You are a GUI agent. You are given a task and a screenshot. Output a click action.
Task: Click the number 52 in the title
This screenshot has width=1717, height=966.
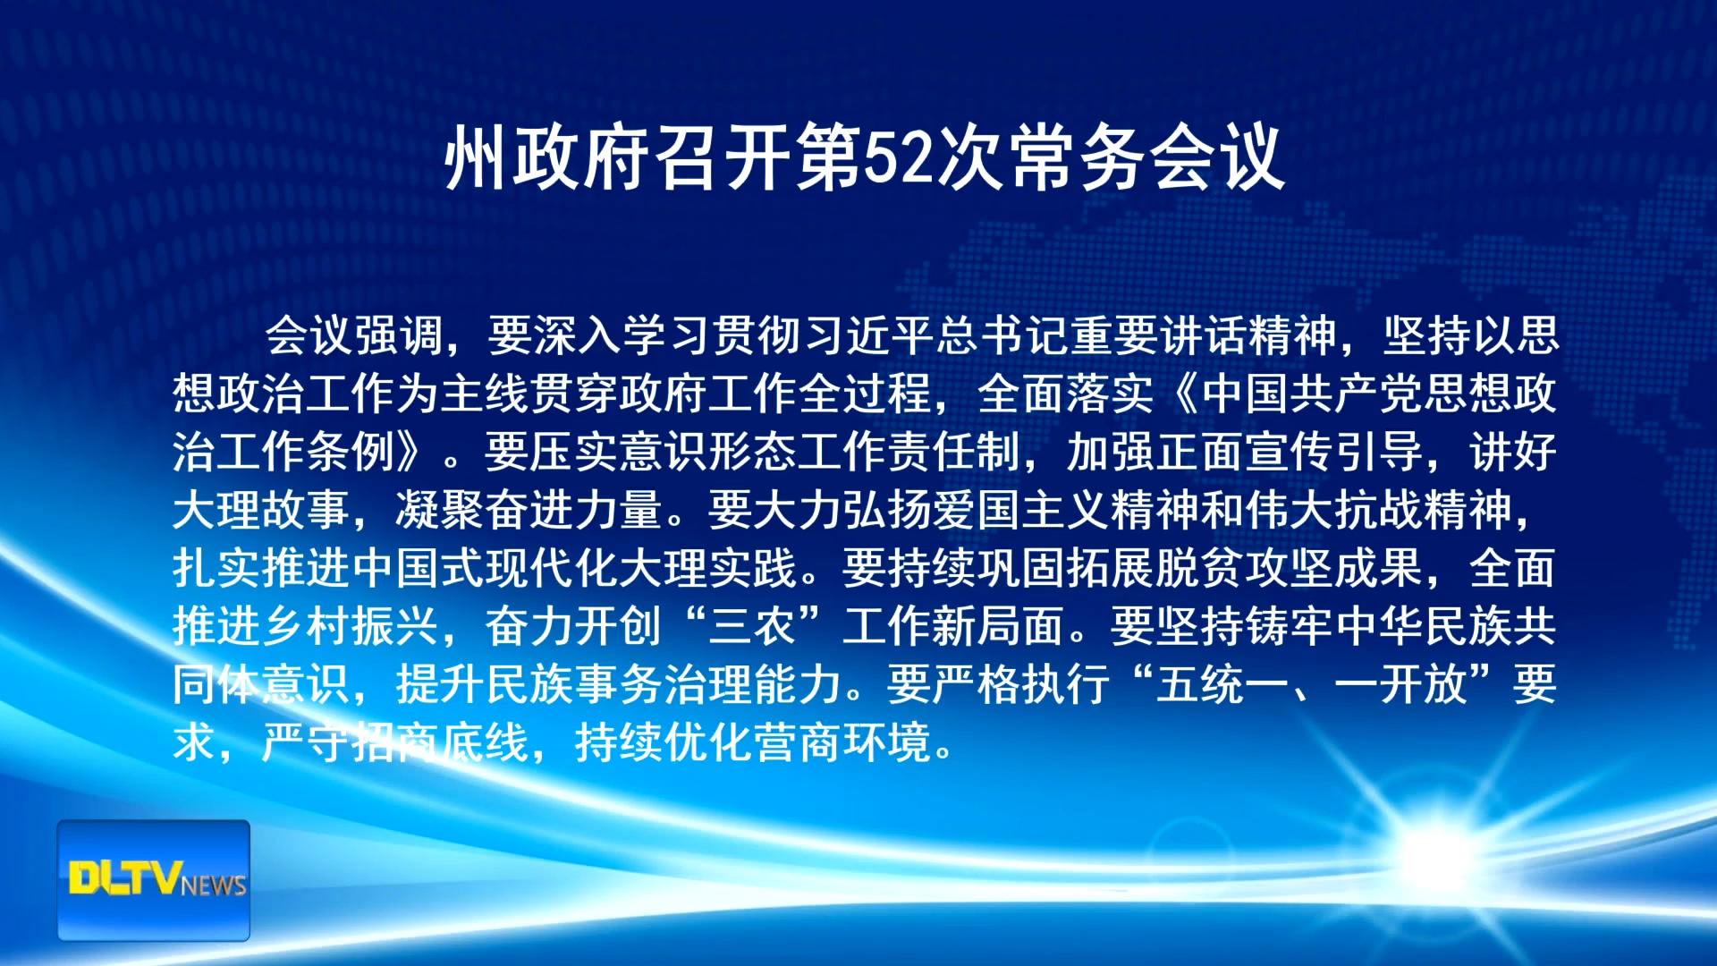(x=900, y=159)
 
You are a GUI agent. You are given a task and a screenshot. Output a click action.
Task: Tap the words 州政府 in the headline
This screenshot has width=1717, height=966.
(x=547, y=159)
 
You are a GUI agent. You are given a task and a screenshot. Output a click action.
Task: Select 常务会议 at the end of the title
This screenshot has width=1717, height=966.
(x=1147, y=159)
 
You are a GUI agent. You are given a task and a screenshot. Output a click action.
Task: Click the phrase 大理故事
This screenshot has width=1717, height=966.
(x=261, y=510)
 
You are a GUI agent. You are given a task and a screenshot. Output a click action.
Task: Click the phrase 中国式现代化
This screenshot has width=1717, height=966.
(x=485, y=568)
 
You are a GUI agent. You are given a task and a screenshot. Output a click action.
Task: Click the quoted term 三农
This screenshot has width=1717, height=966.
(x=753, y=626)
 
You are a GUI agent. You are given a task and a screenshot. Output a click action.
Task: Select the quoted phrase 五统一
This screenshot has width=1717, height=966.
(x=1222, y=684)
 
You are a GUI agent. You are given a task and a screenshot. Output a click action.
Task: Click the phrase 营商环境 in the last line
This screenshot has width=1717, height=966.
(x=842, y=742)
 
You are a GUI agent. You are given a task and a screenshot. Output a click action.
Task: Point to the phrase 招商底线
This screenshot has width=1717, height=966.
(x=440, y=742)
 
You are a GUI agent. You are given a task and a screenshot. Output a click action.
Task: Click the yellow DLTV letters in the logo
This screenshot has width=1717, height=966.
(x=126, y=877)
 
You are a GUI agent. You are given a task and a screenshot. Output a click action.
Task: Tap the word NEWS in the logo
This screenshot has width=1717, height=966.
(x=214, y=885)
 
